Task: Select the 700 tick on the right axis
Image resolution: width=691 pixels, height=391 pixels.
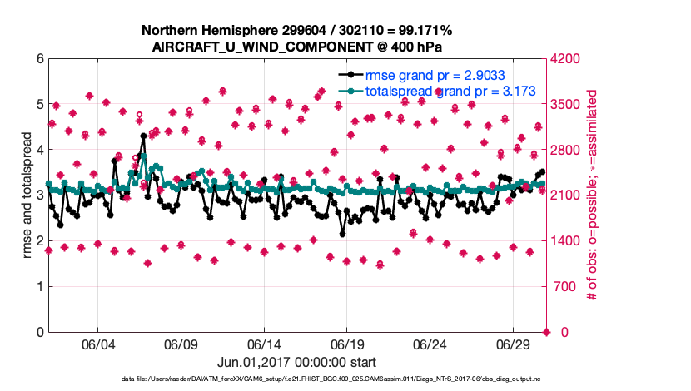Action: pyautogui.click(x=563, y=287)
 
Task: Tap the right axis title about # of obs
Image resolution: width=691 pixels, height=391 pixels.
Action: pyautogui.click(x=591, y=195)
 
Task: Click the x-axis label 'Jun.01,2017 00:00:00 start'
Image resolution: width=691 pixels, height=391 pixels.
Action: pyautogui.click(x=296, y=362)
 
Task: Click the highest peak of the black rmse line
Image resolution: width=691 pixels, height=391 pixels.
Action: pyautogui.click(x=143, y=136)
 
